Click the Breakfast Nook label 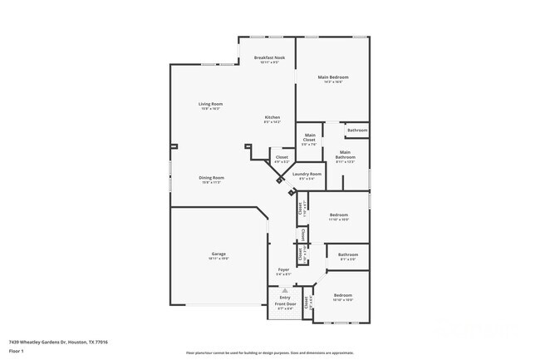[x=269, y=57]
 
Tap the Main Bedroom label [x=333, y=77]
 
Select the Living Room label [x=210, y=104]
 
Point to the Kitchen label [x=272, y=117]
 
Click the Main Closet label [x=309, y=137]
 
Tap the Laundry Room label [x=307, y=174]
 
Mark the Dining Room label [x=211, y=177]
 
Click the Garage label [x=218, y=254]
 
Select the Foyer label [x=283, y=269]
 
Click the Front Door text [x=285, y=304]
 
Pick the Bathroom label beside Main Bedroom [x=357, y=131]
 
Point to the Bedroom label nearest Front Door [x=343, y=295]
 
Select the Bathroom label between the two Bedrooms [x=348, y=254]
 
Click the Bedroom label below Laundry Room [x=338, y=215]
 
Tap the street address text [x=58, y=342]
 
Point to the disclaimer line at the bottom [x=269, y=353]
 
